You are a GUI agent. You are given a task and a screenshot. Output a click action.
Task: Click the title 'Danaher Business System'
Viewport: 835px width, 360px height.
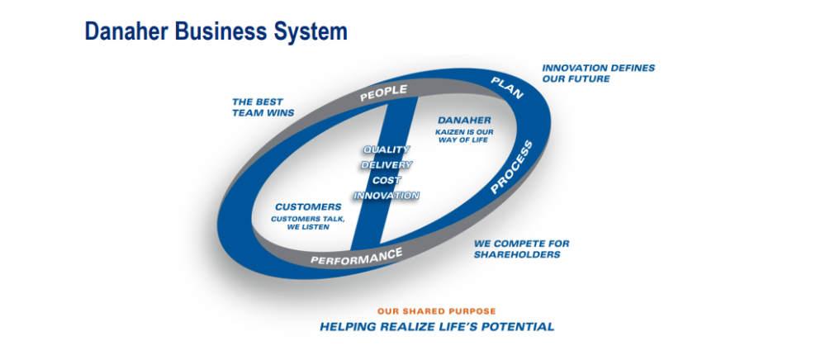pos(216,31)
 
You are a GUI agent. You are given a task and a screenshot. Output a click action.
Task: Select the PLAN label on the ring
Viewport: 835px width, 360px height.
pos(507,88)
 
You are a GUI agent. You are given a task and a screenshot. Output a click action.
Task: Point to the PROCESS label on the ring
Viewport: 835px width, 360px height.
pos(511,168)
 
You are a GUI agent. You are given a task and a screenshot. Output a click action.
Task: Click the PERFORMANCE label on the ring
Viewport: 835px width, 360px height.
pos(356,257)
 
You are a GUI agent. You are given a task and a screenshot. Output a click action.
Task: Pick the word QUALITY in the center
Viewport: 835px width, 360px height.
pos(387,149)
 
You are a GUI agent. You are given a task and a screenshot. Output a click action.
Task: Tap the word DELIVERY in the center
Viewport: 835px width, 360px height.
pos(387,165)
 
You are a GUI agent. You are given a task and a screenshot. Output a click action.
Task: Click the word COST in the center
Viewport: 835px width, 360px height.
pos(387,181)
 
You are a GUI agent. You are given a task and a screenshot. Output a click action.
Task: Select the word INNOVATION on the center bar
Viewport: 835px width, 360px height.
pos(387,196)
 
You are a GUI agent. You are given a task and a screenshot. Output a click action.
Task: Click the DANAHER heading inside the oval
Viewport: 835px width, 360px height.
pos(464,121)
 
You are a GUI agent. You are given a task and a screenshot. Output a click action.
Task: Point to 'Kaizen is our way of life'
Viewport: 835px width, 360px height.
pos(463,136)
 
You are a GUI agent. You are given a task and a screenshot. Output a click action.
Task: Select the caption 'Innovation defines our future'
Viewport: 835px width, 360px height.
pos(599,73)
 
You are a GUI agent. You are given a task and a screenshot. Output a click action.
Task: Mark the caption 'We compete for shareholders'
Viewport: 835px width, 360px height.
pos(522,249)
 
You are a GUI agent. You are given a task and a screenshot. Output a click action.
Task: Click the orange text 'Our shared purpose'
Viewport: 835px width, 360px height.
pos(437,311)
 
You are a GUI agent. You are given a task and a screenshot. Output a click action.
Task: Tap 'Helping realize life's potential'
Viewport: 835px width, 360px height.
pos(437,326)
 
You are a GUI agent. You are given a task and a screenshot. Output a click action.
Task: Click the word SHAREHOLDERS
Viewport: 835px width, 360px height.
pos(517,254)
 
